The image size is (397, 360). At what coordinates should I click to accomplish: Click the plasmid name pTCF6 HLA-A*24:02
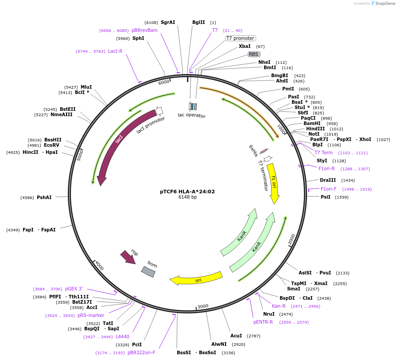[x=187, y=192]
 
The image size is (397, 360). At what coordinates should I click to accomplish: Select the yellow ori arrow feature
[x=196, y=279]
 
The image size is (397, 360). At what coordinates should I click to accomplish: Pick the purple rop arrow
[x=128, y=257]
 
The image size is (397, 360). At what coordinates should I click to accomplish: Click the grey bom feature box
[x=148, y=271]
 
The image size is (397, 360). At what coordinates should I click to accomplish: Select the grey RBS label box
[x=253, y=54]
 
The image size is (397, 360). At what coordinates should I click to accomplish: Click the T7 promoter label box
[x=240, y=38]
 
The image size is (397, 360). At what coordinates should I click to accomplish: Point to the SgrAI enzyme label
[x=168, y=22]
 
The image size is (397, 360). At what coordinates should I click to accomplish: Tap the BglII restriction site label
[x=198, y=22]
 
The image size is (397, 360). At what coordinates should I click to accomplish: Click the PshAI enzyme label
[x=44, y=197]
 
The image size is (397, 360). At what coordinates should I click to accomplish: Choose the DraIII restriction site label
[x=328, y=180]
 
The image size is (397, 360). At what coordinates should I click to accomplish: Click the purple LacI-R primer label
[x=115, y=51]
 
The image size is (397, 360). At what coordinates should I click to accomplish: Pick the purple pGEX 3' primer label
[x=74, y=289]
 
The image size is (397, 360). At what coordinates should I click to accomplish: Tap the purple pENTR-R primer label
[x=263, y=322]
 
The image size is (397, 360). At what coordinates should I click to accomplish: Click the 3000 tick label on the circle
[x=202, y=306]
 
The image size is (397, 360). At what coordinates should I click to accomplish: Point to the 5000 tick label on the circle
[x=80, y=155]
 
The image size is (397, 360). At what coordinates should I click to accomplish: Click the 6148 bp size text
[x=187, y=197]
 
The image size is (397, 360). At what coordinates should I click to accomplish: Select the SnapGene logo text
[x=384, y=4]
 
